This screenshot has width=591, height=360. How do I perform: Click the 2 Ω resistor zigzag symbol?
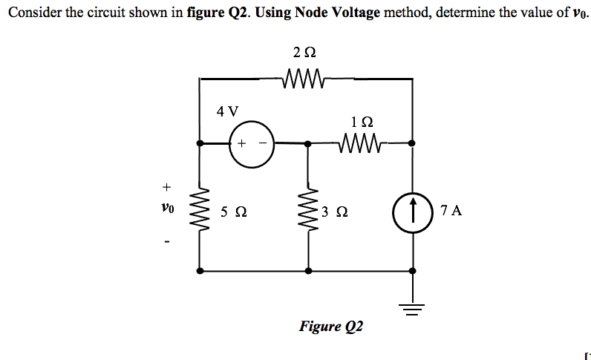click(304, 77)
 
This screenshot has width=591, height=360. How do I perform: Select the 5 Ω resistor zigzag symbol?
click(200, 210)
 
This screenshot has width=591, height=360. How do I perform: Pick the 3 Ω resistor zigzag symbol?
click(309, 210)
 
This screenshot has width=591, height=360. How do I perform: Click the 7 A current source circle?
click(413, 210)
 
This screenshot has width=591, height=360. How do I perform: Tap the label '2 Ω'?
click(304, 53)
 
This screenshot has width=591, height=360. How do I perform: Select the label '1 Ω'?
click(361, 121)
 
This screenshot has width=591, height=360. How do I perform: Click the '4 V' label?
click(228, 111)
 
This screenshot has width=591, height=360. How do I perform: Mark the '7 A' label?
click(451, 211)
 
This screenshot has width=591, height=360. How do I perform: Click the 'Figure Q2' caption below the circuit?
click(331, 326)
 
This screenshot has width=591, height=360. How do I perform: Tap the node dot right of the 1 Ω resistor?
click(413, 143)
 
